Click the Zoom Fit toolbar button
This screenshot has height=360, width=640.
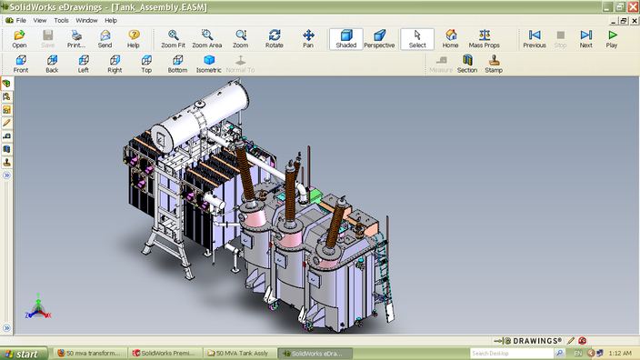(173, 38)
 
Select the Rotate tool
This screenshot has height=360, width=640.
(274, 38)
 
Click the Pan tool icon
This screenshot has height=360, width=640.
(308, 38)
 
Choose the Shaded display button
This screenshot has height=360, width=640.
(345, 38)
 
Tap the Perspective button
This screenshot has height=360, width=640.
(379, 38)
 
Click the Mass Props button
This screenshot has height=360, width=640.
(484, 38)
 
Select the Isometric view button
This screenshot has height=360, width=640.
(209, 64)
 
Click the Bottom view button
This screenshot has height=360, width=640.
(177, 64)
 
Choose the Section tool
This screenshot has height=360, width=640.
(467, 64)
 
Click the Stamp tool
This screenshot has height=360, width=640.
(494, 64)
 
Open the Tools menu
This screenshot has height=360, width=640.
(61, 19)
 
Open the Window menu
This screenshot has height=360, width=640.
(86, 19)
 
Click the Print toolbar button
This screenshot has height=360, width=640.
(76, 38)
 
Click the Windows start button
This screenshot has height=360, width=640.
(22, 353)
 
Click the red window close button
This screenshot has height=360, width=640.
(632, 6)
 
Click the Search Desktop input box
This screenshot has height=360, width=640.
(505, 353)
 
